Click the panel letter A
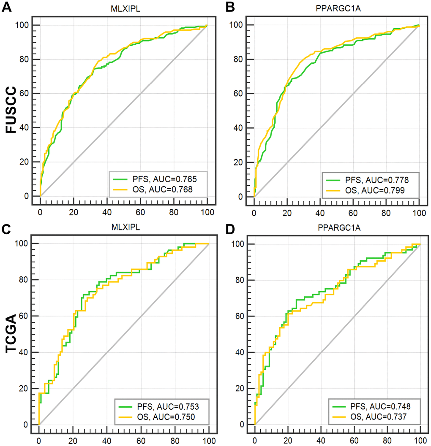pos(7,8)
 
